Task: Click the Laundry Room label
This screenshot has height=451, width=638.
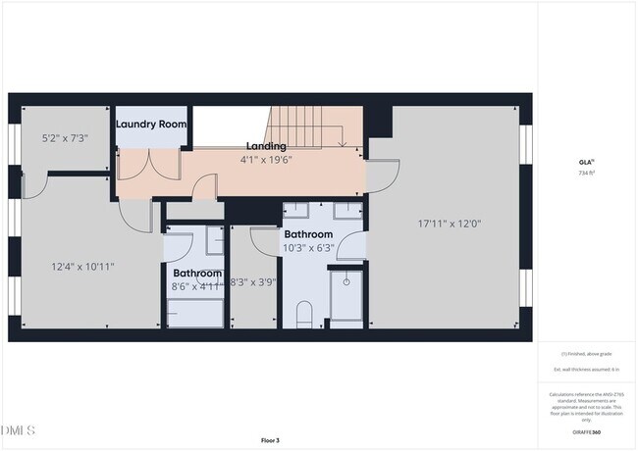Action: [x=150, y=125]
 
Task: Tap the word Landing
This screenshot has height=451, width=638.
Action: [x=266, y=146]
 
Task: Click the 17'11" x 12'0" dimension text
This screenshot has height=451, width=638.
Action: [x=449, y=223]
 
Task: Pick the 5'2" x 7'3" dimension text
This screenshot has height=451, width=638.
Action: [x=65, y=138]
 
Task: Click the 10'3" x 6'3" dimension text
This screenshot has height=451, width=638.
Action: [x=309, y=248]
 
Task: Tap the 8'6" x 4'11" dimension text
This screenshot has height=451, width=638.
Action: [x=196, y=286]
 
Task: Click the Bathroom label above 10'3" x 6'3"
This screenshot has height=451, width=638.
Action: [x=309, y=235]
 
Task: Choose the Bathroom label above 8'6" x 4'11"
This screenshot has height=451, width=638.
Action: [x=197, y=274]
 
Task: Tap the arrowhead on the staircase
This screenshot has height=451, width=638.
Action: [x=340, y=143]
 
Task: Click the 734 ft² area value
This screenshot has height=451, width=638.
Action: [x=586, y=173]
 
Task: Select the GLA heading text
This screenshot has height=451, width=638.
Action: [x=585, y=163]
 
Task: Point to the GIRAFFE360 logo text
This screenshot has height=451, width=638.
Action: [x=586, y=431]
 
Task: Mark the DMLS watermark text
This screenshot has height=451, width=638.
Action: [x=18, y=430]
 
